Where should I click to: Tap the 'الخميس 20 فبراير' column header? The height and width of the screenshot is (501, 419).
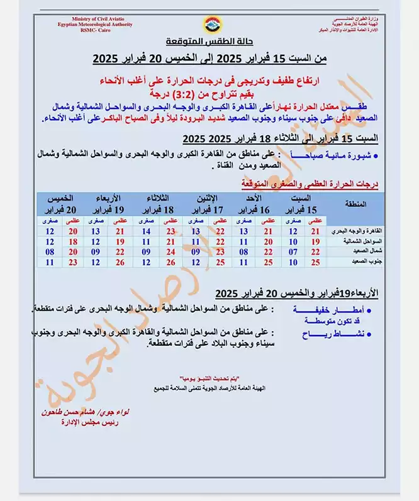click(x=62, y=204)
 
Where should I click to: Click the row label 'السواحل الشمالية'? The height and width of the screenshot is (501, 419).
click(x=359, y=241)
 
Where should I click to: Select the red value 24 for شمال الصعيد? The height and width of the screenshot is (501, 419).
click(x=170, y=251)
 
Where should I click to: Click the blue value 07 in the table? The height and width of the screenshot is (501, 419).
click(x=293, y=251)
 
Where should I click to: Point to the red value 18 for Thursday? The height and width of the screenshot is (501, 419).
click(x=73, y=241)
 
